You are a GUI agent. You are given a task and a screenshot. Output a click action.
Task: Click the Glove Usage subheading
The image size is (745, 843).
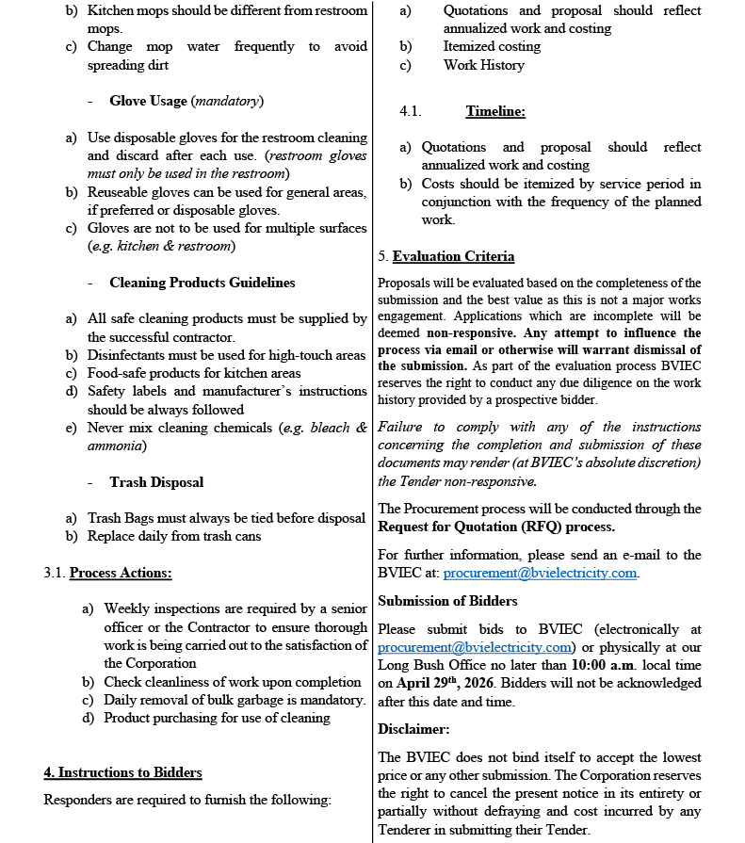(150, 101)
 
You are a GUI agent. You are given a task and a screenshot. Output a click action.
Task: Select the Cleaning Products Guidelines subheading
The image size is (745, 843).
(202, 283)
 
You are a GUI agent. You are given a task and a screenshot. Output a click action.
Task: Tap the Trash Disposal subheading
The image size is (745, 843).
(156, 482)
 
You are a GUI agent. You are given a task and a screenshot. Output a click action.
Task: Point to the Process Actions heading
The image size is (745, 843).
(121, 573)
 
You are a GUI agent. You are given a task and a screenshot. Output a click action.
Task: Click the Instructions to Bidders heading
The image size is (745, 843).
(122, 772)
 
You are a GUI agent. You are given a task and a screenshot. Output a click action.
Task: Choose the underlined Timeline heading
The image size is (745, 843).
(495, 111)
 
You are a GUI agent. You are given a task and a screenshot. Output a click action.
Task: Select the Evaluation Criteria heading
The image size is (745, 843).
(453, 256)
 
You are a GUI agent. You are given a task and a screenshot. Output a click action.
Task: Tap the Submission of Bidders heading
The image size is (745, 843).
(447, 601)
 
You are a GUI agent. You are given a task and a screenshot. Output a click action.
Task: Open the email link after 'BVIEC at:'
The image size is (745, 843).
(541, 573)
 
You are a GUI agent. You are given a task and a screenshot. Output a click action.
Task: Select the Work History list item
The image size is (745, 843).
(484, 65)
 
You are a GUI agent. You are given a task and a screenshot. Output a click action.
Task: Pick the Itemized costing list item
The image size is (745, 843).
(492, 46)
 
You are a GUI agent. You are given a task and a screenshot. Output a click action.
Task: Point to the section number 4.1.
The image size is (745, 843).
(410, 111)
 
